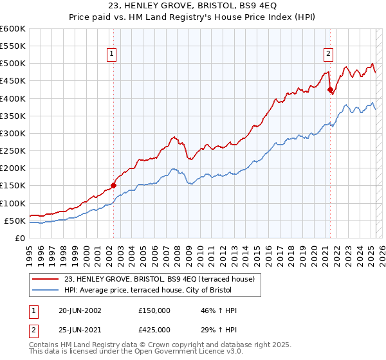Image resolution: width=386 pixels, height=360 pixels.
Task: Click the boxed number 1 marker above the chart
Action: tap(113, 55)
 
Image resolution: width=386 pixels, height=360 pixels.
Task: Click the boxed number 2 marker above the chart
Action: tap(329, 55)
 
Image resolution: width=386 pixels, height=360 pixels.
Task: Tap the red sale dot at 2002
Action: tap(113, 185)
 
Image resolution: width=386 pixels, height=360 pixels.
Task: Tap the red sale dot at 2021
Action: tap(330, 90)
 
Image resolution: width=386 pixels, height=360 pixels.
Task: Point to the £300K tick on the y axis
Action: tap(14, 133)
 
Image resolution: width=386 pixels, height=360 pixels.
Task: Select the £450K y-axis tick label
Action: tap(14, 81)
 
